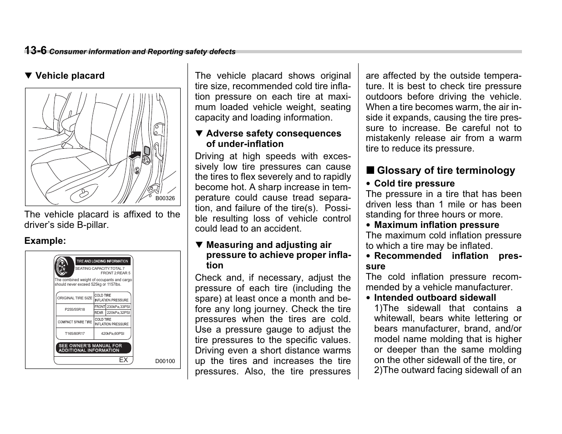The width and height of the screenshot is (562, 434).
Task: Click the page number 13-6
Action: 35,50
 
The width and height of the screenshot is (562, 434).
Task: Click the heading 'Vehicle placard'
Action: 70,76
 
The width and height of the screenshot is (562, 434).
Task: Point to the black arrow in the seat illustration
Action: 136,154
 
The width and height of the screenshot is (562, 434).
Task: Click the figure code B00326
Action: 165,198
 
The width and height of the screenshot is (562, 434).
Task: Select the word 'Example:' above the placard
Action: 45,241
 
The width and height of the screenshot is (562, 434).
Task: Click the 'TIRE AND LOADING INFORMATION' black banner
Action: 102,261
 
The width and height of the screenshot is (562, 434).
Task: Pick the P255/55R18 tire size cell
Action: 75,309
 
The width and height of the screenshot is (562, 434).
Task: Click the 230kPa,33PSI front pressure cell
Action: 118,307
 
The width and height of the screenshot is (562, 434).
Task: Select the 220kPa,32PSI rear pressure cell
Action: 118,313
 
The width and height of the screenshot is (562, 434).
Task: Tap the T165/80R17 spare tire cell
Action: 75,333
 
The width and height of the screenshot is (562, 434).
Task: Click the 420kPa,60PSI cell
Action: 112,333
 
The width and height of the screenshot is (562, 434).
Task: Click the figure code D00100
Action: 165,361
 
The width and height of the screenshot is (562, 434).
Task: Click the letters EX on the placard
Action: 123,360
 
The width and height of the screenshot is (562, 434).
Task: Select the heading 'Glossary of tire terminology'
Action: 446,171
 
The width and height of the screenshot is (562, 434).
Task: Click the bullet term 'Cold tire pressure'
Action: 414,183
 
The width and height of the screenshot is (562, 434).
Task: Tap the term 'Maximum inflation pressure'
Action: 436,225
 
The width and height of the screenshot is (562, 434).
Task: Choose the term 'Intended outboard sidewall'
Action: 435,298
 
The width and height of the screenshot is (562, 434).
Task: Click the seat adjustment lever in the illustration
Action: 85,193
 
